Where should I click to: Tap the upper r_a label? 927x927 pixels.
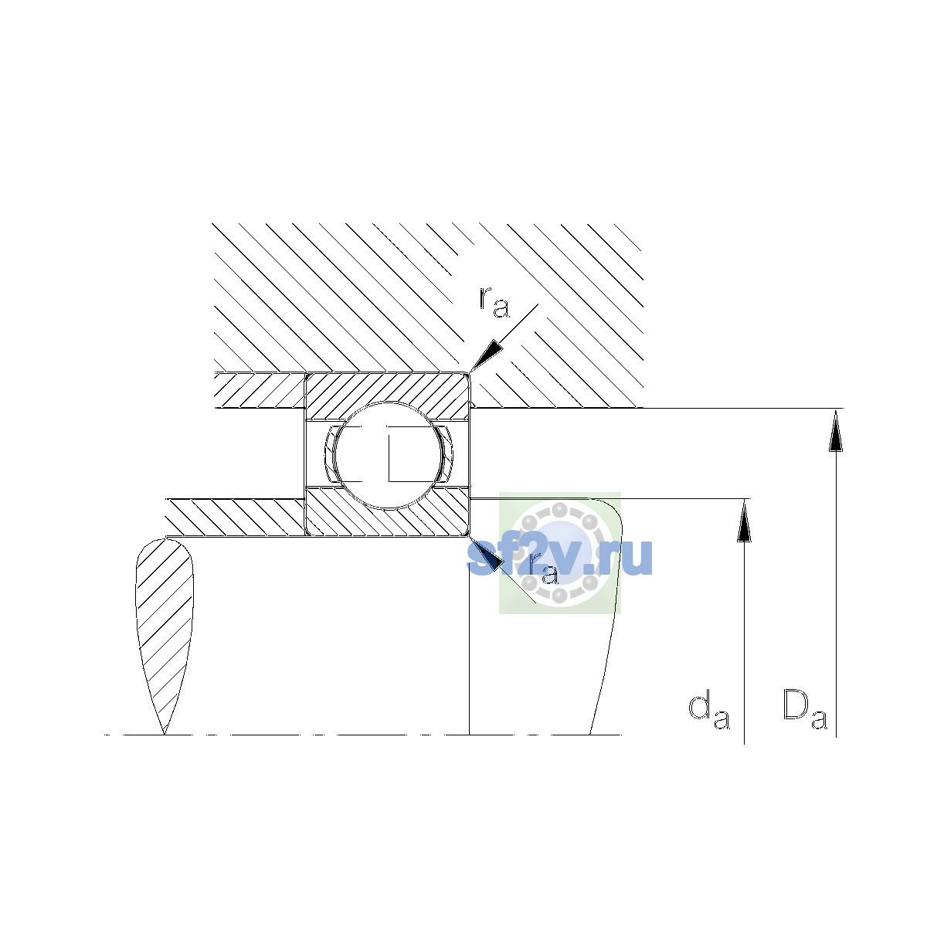(x=494, y=302)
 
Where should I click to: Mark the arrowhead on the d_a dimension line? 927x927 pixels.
(x=744, y=521)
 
